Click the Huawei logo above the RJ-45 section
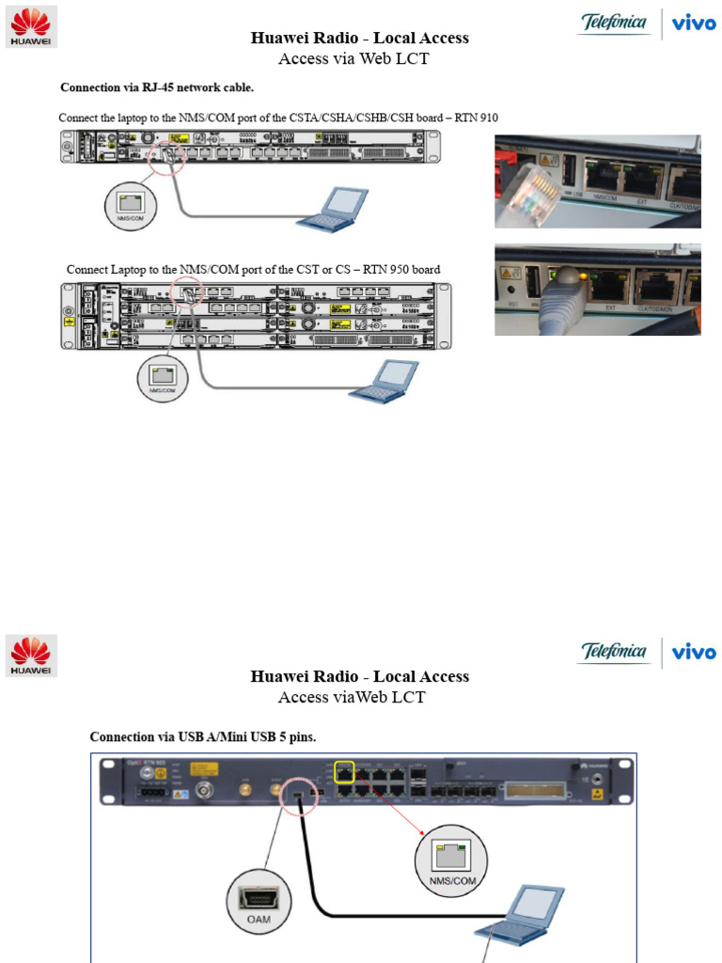click(32, 26)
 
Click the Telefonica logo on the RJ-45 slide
click(615, 23)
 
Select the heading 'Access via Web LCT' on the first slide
click(359, 59)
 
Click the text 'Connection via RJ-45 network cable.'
click(157, 87)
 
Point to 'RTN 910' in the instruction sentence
click(476, 118)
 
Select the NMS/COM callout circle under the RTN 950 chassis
click(163, 378)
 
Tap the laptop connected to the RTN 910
click(334, 210)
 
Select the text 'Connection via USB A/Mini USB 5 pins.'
click(203, 736)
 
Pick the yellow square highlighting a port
click(344, 772)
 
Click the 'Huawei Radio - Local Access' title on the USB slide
click(359, 676)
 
